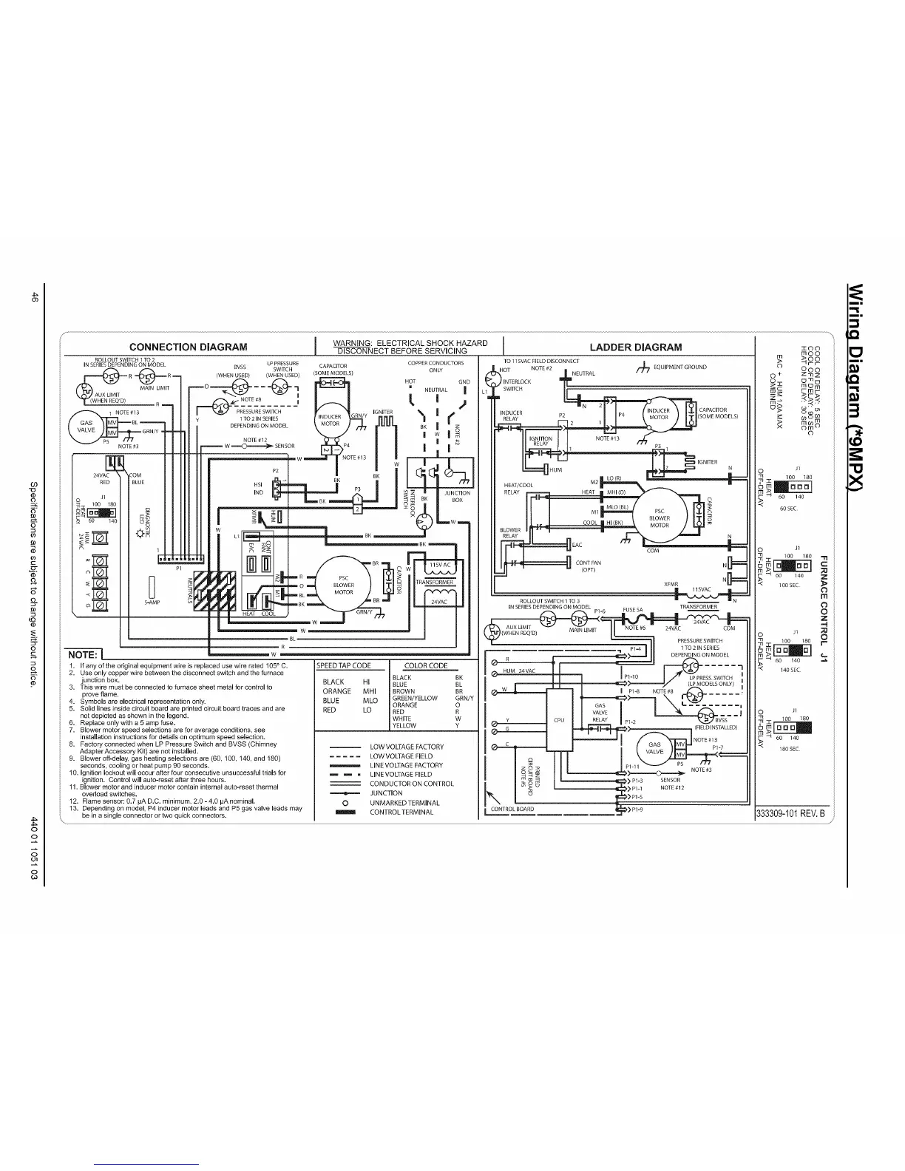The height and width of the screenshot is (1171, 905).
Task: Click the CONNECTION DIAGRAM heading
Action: (x=188, y=347)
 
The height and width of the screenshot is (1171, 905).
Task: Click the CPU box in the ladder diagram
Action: (x=559, y=719)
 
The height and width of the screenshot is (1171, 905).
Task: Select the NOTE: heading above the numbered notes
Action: (x=83, y=655)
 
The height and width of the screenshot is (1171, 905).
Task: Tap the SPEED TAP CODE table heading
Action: (x=344, y=665)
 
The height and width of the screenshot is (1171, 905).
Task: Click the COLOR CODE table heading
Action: (x=427, y=665)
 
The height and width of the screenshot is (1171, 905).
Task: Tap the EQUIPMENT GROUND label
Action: (x=679, y=367)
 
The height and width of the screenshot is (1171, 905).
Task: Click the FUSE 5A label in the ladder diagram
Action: (x=634, y=610)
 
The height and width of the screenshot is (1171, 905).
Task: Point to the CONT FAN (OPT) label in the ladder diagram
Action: (x=588, y=566)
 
